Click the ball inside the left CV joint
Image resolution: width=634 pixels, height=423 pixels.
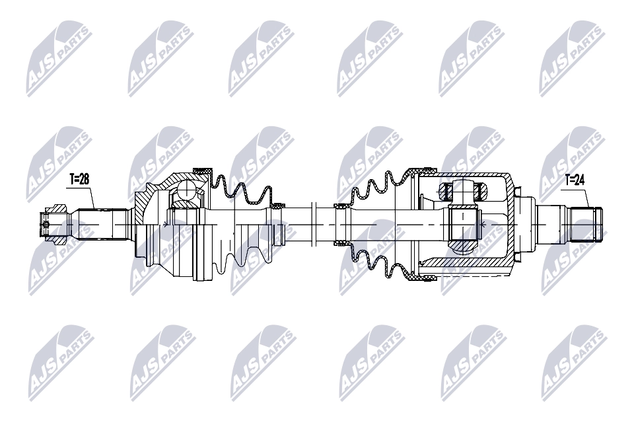189,192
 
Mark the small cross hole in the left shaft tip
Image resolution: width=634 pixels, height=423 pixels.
46,225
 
